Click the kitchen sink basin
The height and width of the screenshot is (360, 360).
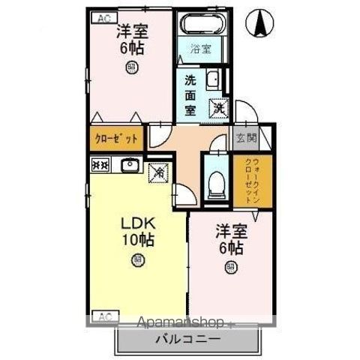[x=128, y=164]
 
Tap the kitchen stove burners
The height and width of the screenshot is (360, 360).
[x=100, y=164]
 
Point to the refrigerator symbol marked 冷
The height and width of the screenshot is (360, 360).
[x=159, y=172]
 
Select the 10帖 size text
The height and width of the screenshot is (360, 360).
[x=137, y=241]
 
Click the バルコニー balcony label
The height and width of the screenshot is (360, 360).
[x=187, y=339]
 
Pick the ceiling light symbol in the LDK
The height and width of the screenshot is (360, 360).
[x=137, y=260]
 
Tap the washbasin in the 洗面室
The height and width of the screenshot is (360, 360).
[x=212, y=80]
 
